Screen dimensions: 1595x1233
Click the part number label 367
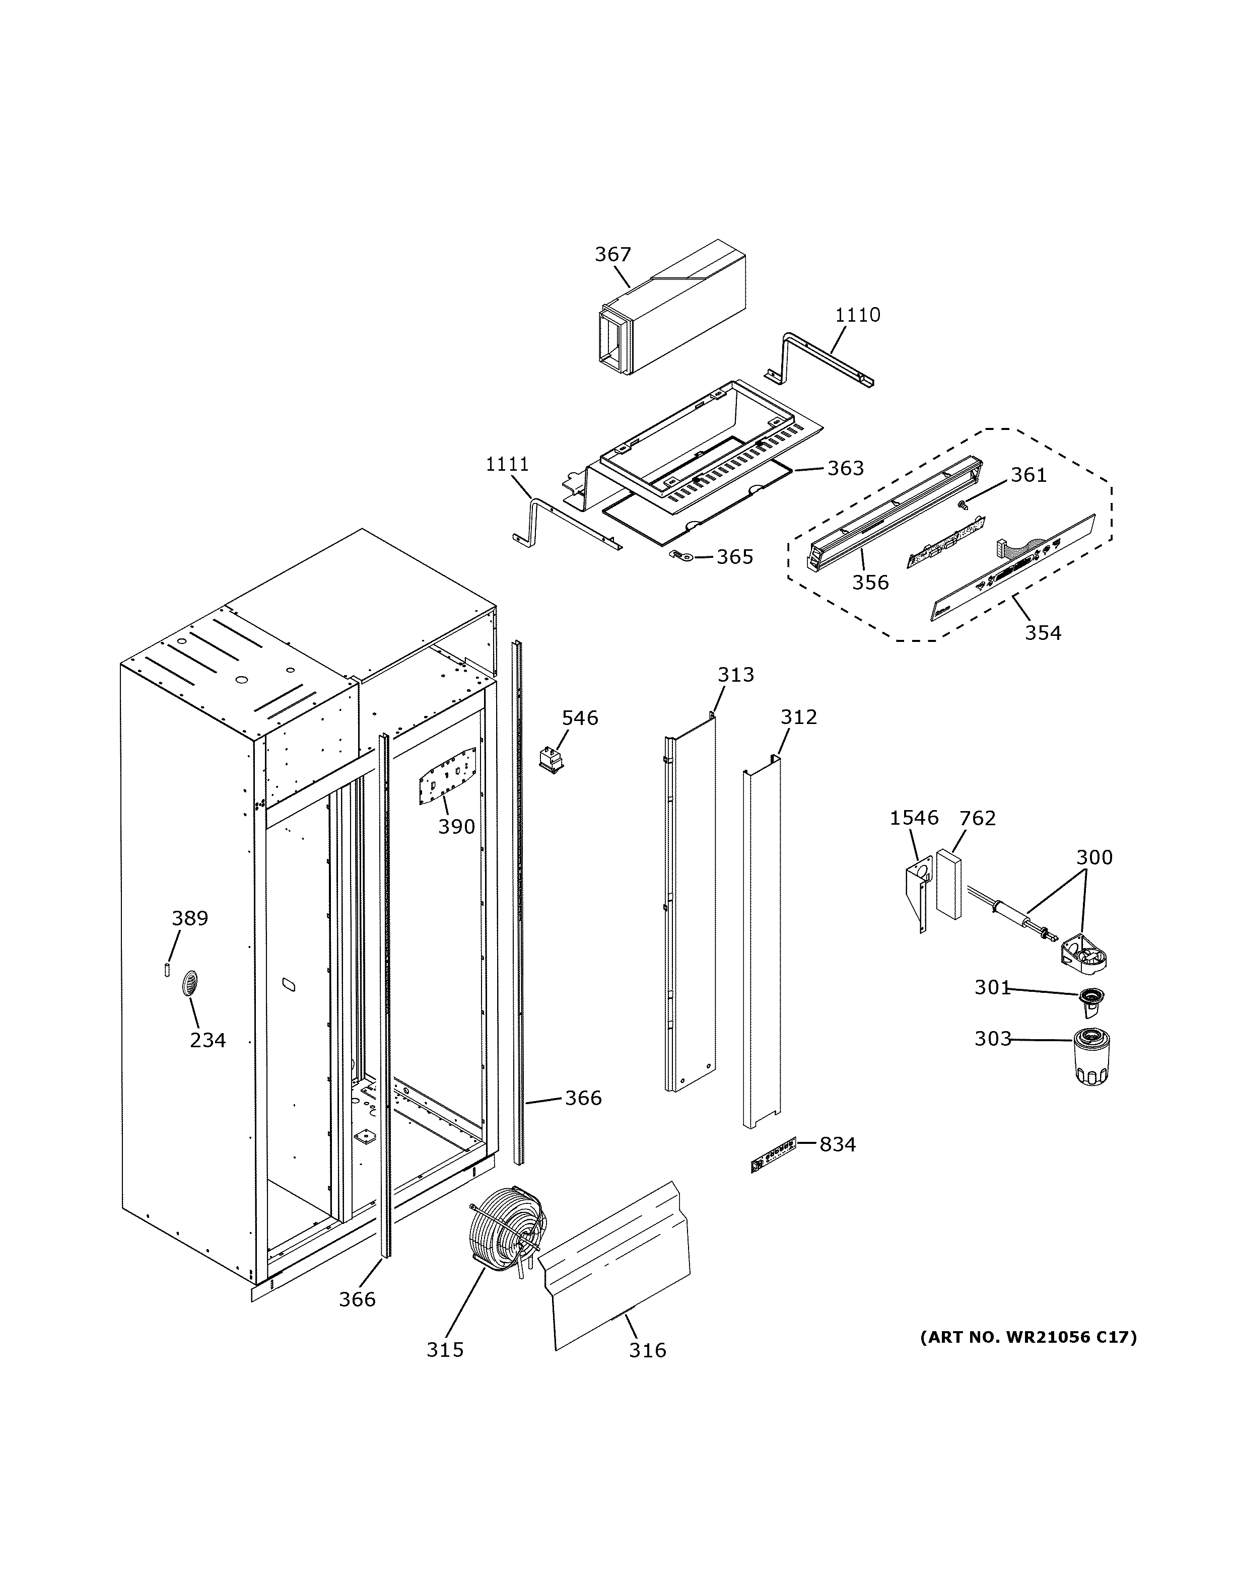[x=612, y=254]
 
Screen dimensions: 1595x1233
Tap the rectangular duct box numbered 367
[x=672, y=313]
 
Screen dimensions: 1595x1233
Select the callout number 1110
[x=858, y=315]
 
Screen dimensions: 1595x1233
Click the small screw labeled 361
[x=962, y=504]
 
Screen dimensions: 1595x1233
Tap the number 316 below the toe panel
[x=647, y=1350]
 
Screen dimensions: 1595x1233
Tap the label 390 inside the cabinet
[x=456, y=827]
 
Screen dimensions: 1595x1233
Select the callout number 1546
[x=913, y=818]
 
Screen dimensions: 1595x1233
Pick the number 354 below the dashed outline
[x=1042, y=632]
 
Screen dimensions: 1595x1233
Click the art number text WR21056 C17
[x=1027, y=1337]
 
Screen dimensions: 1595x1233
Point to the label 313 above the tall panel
[x=735, y=675]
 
